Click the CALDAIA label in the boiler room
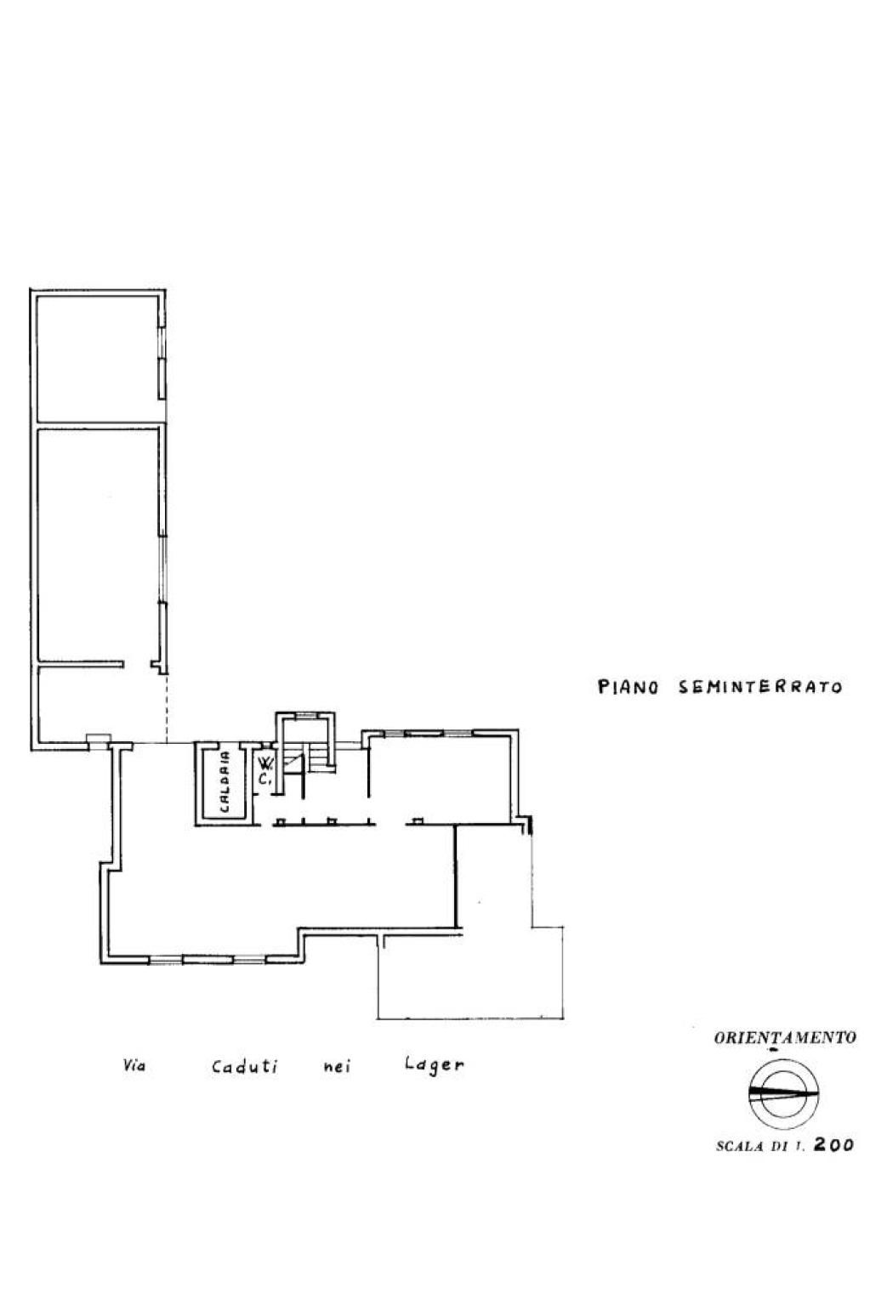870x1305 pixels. point(225,782)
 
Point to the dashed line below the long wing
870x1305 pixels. point(167,708)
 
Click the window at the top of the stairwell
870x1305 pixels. point(304,716)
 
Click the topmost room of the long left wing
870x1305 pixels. point(98,358)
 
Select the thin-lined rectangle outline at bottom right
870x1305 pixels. point(471,971)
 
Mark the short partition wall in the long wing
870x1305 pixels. point(81,663)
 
